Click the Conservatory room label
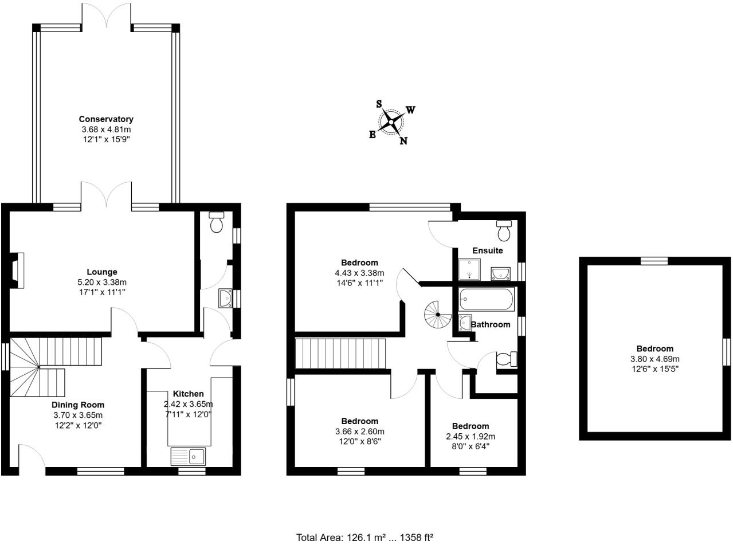pyautogui.click(x=106, y=119)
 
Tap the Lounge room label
pyautogui.click(x=102, y=272)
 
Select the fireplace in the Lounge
pyautogui.click(x=17, y=269)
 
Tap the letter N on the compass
pyautogui.click(x=403, y=142)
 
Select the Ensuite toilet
pyautogui.click(x=504, y=230)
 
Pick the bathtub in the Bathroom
pyautogui.click(x=486, y=299)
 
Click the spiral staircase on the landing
pyautogui.click(x=438, y=315)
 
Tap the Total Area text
pyautogui.click(x=364, y=537)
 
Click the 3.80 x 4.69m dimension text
pyautogui.click(x=654, y=359)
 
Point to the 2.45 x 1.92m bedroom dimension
pyautogui.click(x=470, y=436)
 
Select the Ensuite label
pyautogui.click(x=487, y=250)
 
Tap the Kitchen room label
pyautogui.click(x=189, y=394)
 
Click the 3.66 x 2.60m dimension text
pyautogui.click(x=360, y=432)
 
